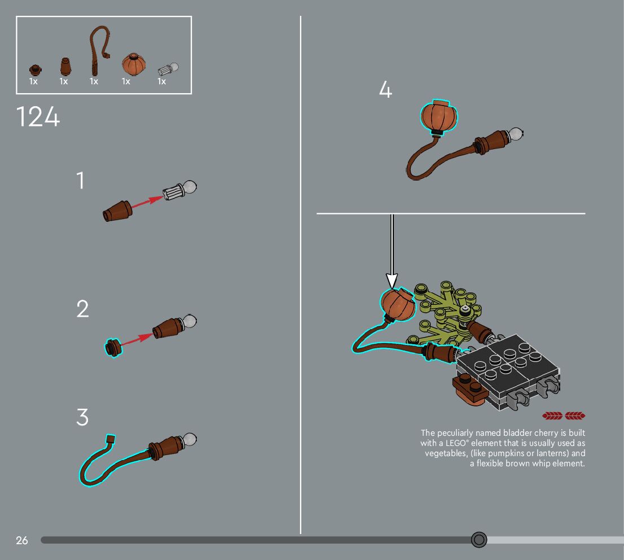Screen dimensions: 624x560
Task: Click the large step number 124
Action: [x=38, y=117]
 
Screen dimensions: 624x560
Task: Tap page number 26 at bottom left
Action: [x=22, y=540]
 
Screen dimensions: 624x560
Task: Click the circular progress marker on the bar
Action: [x=479, y=540]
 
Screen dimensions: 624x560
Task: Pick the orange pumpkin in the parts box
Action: [x=134, y=64]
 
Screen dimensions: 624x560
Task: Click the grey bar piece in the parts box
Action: [x=168, y=69]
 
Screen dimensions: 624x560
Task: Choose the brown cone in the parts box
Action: [x=65, y=66]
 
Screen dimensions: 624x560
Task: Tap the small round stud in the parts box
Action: [x=36, y=70]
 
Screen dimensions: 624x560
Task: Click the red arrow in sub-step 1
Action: [x=147, y=202]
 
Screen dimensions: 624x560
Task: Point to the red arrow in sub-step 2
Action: [x=137, y=340]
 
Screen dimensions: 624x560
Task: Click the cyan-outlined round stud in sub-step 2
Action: [x=113, y=348]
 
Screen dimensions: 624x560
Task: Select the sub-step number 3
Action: [x=82, y=417]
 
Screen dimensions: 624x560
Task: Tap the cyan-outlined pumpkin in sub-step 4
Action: [x=440, y=116]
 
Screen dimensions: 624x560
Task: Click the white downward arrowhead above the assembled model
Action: [x=392, y=281]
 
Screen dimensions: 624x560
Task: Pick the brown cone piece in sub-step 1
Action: [x=117, y=211]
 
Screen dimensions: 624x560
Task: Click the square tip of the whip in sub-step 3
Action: [x=110, y=440]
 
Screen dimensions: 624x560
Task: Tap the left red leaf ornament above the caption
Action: [x=552, y=416]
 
